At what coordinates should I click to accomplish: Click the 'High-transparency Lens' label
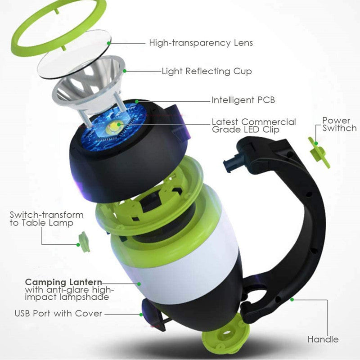click(x=201, y=43)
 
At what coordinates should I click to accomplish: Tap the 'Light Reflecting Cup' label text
click(x=207, y=71)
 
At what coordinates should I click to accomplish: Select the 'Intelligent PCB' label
click(x=243, y=100)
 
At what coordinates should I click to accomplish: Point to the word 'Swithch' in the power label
click(x=340, y=128)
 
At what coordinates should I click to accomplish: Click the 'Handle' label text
click(x=323, y=339)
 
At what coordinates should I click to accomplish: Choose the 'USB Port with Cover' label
click(x=58, y=313)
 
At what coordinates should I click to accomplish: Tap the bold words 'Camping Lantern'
click(x=63, y=282)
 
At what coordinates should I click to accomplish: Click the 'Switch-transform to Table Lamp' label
click(x=46, y=219)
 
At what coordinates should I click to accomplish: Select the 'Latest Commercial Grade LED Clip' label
click(x=254, y=126)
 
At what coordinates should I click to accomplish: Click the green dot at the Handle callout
click(x=292, y=298)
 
